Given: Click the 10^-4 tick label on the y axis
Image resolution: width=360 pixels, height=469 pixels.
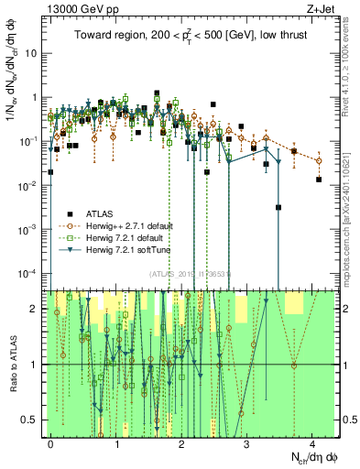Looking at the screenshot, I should (32, 273).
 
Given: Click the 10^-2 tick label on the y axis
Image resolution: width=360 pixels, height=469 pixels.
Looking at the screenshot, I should (32, 185).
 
